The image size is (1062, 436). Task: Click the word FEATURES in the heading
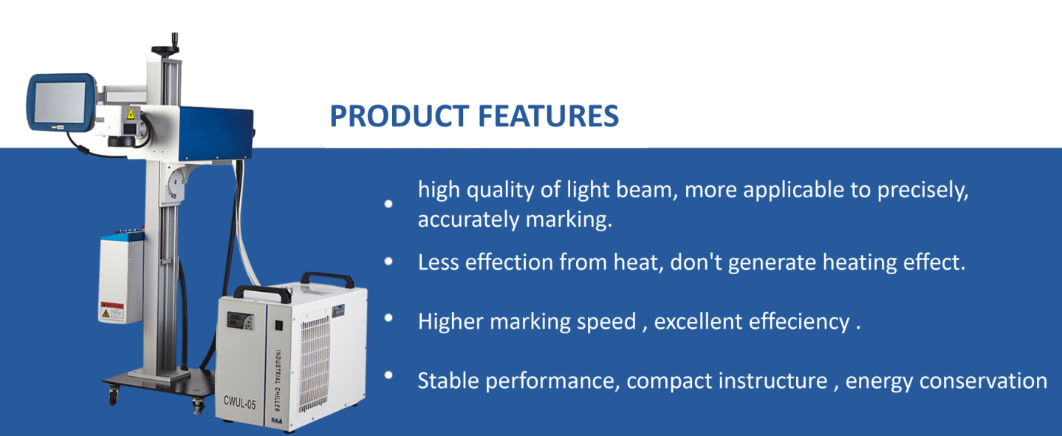[x=549, y=116]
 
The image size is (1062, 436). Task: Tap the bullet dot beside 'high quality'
[x=388, y=204]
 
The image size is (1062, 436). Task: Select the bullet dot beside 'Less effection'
[x=388, y=262]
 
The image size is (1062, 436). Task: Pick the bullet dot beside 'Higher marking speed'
[x=388, y=318]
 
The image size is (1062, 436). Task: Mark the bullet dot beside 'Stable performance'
[x=388, y=375]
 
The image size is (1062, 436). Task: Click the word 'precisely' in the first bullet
[x=922, y=191]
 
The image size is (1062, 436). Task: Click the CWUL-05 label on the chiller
[x=239, y=403]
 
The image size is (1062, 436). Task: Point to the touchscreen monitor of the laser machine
[x=61, y=103]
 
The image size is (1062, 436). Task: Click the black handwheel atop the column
[x=165, y=47]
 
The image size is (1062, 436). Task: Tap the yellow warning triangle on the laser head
[x=131, y=113]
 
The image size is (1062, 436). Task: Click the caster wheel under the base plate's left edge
[x=113, y=395]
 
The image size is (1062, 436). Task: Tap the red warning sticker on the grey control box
[x=112, y=312]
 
